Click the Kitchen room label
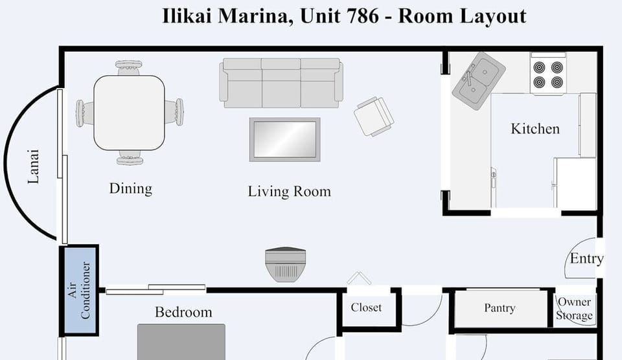(x=535, y=129)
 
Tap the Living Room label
(x=289, y=192)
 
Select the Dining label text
(x=130, y=188)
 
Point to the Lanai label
(x=34, y=167)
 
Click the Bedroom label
(x=183, y=312)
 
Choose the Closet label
(x=366, y=308)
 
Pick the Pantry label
(x=500, y=308)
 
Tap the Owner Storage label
(x=575, y=309)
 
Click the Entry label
(x=586, y=258)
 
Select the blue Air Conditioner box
(x=79, y=290)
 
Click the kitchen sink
(x=479, y=80)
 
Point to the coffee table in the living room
(x=285, y=139)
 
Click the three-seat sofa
(x=281, y=82)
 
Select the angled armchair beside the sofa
(x=374, y=117)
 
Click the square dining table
(x=130, y=112)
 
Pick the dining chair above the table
(x=129, y=67)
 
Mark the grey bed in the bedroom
(x=181, y=341)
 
